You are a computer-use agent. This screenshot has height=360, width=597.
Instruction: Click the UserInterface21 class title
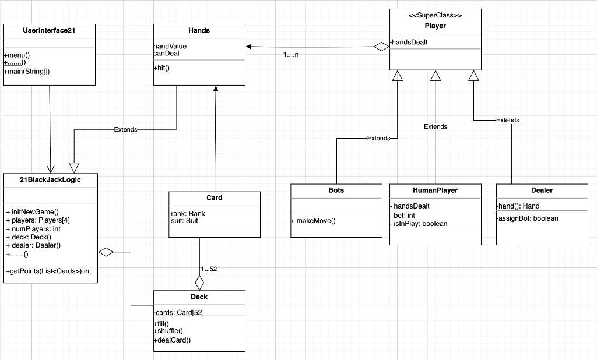coord(49,30)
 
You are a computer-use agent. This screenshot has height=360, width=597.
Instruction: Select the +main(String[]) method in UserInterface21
coord(27,71)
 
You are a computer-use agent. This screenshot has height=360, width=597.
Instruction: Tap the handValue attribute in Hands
coord(170,46)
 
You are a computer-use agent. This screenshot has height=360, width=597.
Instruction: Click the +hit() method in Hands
coord(161,68)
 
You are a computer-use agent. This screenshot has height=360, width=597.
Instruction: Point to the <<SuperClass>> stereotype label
coord(436,16)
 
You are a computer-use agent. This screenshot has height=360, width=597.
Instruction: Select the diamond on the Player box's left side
coord(381,47)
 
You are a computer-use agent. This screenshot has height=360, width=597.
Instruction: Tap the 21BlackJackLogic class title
coord(50,180)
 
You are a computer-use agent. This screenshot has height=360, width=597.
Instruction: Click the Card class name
coord(214,198)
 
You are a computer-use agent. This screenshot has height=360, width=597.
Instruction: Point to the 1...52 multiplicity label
coord(208,269)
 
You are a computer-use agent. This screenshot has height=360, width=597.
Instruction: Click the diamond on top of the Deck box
coord(199,283)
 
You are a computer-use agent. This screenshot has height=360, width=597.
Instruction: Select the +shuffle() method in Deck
coord(168,331)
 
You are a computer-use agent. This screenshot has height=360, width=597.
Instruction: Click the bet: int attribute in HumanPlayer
coord(404,215)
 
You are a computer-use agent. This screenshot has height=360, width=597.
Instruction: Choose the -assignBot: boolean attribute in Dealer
coord(528,218)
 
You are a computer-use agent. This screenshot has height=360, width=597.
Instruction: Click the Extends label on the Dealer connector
coord(507,120)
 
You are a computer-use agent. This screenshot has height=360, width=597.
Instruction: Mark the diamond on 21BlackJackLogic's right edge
coord(106,252)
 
